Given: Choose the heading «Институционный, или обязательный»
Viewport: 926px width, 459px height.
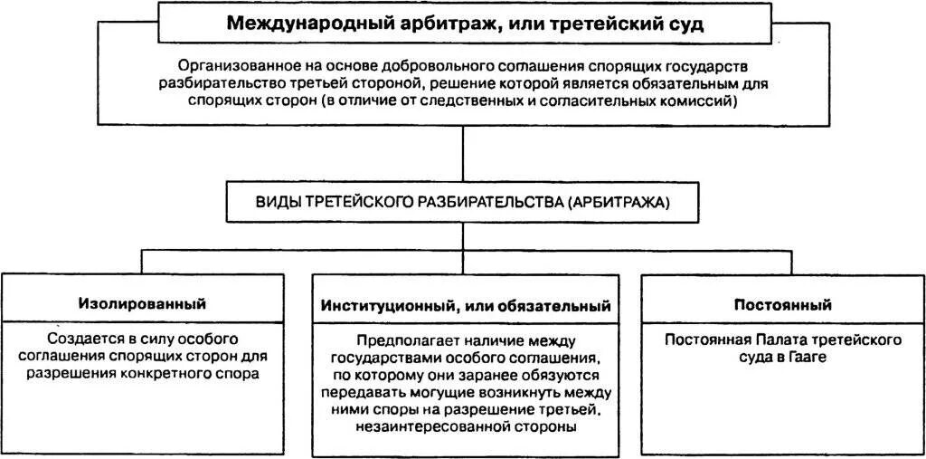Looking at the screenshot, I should pyautogui.click(x=466, y=306).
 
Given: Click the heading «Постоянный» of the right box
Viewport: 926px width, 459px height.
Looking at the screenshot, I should pyautogui.click(x=783, y=304).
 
